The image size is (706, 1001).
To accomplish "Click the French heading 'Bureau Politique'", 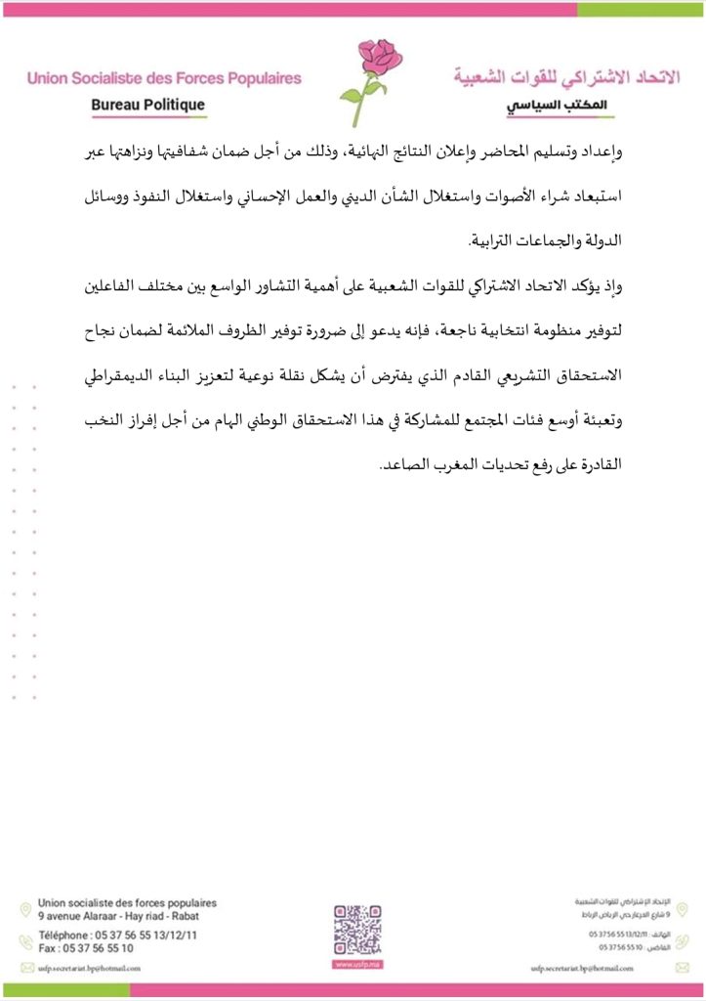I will click(x=147, y=105).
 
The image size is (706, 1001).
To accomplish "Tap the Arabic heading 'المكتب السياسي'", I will click(x=551, y=106).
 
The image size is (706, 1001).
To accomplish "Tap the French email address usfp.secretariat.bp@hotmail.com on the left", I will click(x=89, y=968).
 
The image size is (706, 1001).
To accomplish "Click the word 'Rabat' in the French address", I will click(x=183, y=918).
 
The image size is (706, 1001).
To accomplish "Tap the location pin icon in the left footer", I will click(x=25, y=910).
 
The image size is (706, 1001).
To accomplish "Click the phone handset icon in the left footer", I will click(x=25, y=941).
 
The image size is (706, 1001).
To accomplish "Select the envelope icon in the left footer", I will click(x=25, y=968).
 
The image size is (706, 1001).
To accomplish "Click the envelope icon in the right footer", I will click(x=681, y=968).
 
